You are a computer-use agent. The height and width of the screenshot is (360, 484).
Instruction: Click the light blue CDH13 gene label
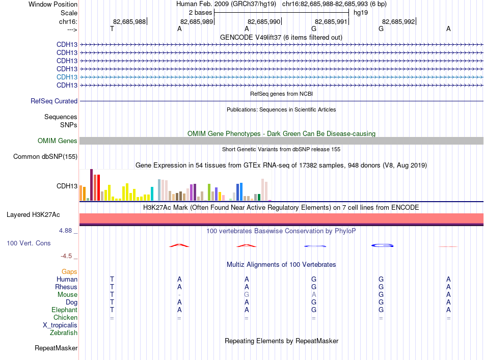click(67, 77)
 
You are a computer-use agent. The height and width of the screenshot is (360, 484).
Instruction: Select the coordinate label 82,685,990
click(264, 21)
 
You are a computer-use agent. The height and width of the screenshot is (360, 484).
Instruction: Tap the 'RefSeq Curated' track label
click(54, 101)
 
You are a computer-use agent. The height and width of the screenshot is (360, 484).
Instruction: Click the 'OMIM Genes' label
click(58, 141)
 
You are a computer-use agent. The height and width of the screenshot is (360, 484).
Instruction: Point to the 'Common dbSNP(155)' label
click(45, 157)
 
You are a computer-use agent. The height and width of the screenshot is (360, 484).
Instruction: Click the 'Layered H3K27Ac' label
click(33, 215)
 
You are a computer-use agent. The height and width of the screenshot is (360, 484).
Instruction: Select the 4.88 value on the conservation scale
click(65, 231)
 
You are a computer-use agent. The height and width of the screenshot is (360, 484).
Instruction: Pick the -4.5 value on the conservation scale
click(66, 256)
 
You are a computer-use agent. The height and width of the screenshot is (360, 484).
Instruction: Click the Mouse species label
click(67, 295)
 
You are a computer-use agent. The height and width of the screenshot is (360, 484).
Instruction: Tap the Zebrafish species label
click(64, 333)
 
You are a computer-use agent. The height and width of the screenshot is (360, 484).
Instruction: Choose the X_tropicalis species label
click(60, 325)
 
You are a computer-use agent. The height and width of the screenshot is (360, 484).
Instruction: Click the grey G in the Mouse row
click(247, 295)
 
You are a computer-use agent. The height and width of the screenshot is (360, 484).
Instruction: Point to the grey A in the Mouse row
click(314, 295)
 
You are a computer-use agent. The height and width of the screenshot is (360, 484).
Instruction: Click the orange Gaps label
click(69, 272)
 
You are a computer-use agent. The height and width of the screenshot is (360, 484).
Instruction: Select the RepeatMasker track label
click(56, 348)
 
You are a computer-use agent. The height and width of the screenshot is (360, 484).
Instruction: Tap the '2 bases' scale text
click(201, 13)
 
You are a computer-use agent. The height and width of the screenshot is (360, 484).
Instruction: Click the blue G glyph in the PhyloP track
click(383, 245)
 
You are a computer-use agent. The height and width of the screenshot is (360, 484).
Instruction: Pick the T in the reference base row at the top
click(112, 29)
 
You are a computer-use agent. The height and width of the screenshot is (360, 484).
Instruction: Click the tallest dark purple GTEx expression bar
click(91, 185)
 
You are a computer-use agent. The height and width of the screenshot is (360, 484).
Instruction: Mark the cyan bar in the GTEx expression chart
click(152, 193)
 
